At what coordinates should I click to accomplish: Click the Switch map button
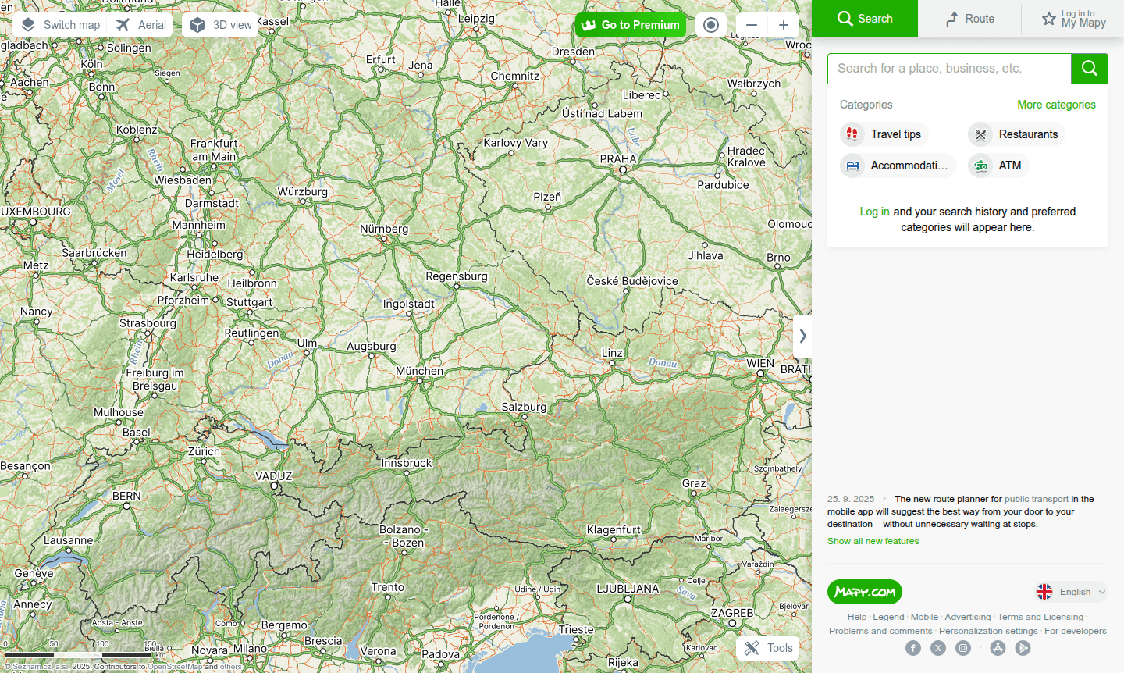pyautogui.click(x=61, y=25)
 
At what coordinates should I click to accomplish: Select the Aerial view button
pyautogui.click(x=141, y=25)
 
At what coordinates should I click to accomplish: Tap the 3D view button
pyautogui.click(x=222, y=25)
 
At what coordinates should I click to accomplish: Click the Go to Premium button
pyautogui.click(x=631, y=25)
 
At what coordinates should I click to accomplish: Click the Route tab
pyautogui.click(x=969, y=19)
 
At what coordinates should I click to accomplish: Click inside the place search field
pyautogui.click(x=948, y=69)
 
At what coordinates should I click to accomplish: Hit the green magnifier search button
pyautogui.click(x=1090, y=69)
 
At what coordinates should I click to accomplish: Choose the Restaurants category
pyautogui.click(x=1017, y=134)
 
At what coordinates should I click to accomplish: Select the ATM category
pyautogui.click(x=999, y=166)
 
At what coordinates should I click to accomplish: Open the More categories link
pyautogui.click(x=1056, y=105)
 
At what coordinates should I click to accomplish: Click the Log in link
pyautogui.click(x=874, y=212)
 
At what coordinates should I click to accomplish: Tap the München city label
pyautogui.click(x=419, y=371)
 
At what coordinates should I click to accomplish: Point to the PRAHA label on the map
pyautogui.click(x=618, y=158)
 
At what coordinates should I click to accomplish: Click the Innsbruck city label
pyautogui.click(x=406, y=463)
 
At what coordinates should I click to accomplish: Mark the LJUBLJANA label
pyautogui.click(x=628, y=589)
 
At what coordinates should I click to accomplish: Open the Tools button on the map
pyautogui.click(x=768, y=648)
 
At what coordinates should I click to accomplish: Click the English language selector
pyautogui.click(x=1072, y=592)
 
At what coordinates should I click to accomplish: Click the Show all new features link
pyautogui.click(x=873, y=541)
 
